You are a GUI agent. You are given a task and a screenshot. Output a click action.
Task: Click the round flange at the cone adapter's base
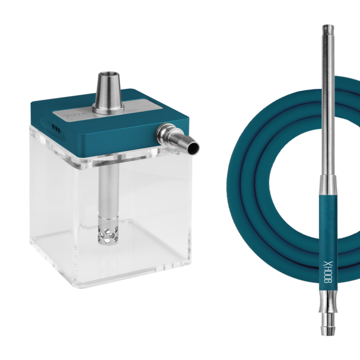109,110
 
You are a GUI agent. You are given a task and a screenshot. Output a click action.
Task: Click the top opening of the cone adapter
108,74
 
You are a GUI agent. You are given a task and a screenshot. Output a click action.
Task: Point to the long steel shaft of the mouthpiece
327,103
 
